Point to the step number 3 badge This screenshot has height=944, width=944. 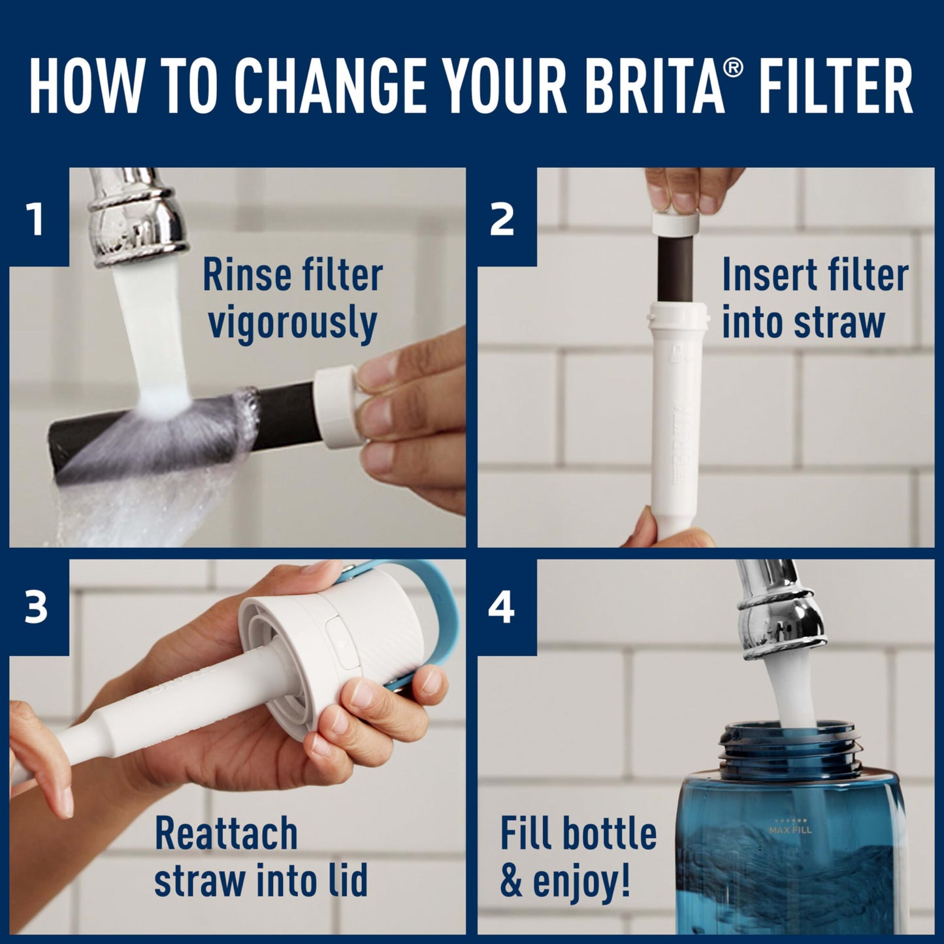point(36,608)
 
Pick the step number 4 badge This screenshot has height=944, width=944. point(502,608)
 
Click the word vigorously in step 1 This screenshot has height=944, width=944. point(292,323)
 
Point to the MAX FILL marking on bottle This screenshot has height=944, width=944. point(790,831)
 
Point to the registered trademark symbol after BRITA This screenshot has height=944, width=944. point(733,67)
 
